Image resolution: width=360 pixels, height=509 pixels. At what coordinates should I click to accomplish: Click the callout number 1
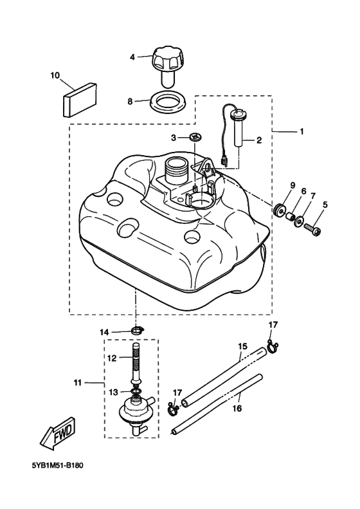click(300, 131)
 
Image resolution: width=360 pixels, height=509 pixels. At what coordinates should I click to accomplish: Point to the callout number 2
click(260, 139)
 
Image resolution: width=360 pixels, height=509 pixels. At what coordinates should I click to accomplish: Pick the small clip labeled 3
click(195, 136)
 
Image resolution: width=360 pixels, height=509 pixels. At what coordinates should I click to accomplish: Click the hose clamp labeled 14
click(136, 331)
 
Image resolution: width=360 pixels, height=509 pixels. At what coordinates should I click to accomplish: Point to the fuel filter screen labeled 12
click(136, 363)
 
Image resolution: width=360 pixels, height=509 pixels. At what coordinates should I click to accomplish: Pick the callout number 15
click(242, 346)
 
